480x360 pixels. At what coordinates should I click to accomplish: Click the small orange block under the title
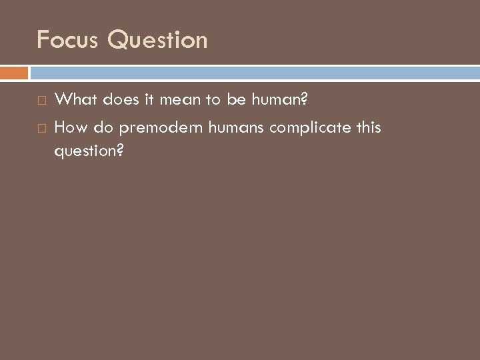coord(14,72)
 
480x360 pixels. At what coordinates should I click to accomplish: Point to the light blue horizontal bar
coord(254,72)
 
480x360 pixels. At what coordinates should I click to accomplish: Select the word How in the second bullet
coord(69,127)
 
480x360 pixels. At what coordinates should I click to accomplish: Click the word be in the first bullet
coord(228,100)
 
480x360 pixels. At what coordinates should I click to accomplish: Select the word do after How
coord(101,127)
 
